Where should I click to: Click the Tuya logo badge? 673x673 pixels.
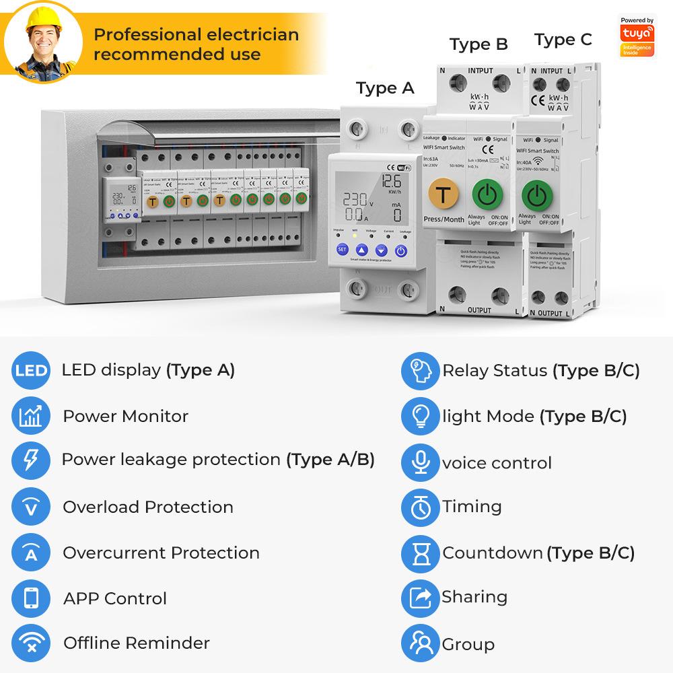pos(637,38)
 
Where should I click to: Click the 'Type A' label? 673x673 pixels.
pos(385,88)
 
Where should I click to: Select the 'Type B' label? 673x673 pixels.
pos(479,44)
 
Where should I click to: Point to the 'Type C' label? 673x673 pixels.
pos(563,40)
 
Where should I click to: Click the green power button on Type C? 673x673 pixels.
pos(537,195)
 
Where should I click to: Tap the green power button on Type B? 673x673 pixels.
pos(488,195)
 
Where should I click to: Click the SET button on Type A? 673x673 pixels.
pos(342,250)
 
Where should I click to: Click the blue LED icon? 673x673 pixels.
pos(31,371)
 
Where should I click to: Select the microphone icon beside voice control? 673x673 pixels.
pos(420,462)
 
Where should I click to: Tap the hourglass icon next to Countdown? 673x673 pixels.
pos(420,553)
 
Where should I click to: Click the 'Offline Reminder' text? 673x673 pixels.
pos(137,643)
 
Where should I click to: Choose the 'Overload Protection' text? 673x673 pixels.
pos(148,507)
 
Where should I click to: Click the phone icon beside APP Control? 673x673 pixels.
pos(31,598)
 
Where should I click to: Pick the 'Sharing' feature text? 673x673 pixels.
pos(474,597)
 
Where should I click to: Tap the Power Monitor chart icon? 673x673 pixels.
pos(31,417)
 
